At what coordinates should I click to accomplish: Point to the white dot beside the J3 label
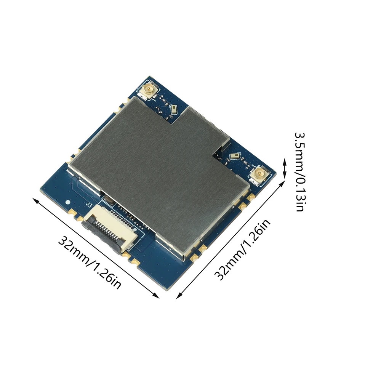tap(68, 202)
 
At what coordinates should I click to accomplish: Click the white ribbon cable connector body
tap(110, 225)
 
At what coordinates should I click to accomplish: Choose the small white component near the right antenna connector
tap(236, 156)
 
